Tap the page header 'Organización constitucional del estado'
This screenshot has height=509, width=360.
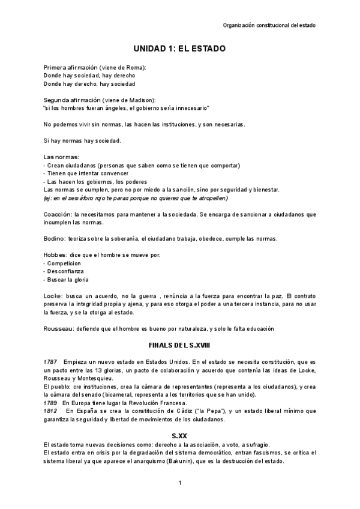(x=269, y=25)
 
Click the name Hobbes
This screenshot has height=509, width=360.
(x=55, y=255)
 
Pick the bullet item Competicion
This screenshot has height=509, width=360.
(x=66, y=263)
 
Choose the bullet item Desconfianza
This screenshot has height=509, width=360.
(x=68, y=271)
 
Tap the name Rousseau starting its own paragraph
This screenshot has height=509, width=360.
(x=59, y=328)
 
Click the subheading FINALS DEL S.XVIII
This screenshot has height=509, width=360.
(x=179, y=346)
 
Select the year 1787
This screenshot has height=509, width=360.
(x=51, y=362)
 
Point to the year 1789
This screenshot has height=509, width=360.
(x=51, y=402)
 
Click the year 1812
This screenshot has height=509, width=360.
(x=51, y=411)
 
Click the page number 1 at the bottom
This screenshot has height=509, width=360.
(x=179, y=483)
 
